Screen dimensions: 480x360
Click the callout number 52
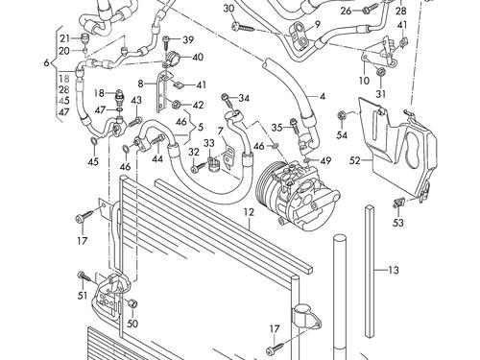click(x=355, y=160)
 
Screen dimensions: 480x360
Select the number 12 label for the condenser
click(x=249, y=212)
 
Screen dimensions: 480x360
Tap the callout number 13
click(x=394, y=270)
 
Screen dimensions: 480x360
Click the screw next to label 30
click(x=244, y=27)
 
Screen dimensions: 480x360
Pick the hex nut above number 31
click(x=380, y=71)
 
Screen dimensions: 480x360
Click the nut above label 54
click(x=342, y=115)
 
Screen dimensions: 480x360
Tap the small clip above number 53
click(x=398, y=202)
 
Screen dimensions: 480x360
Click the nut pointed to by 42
click(x=176, y=104)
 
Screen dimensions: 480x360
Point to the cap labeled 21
click(x=84, y=38)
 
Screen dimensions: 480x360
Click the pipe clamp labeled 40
click(x=173, y=58)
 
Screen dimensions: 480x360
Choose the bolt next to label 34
click(x=227, y=99)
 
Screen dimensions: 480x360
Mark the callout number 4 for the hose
click(x=323, y=96)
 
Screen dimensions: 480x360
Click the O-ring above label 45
click(x=93, y=140)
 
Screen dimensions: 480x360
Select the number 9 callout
click(x=318, y=24)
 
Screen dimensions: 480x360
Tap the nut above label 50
click(x=132, y=303)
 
